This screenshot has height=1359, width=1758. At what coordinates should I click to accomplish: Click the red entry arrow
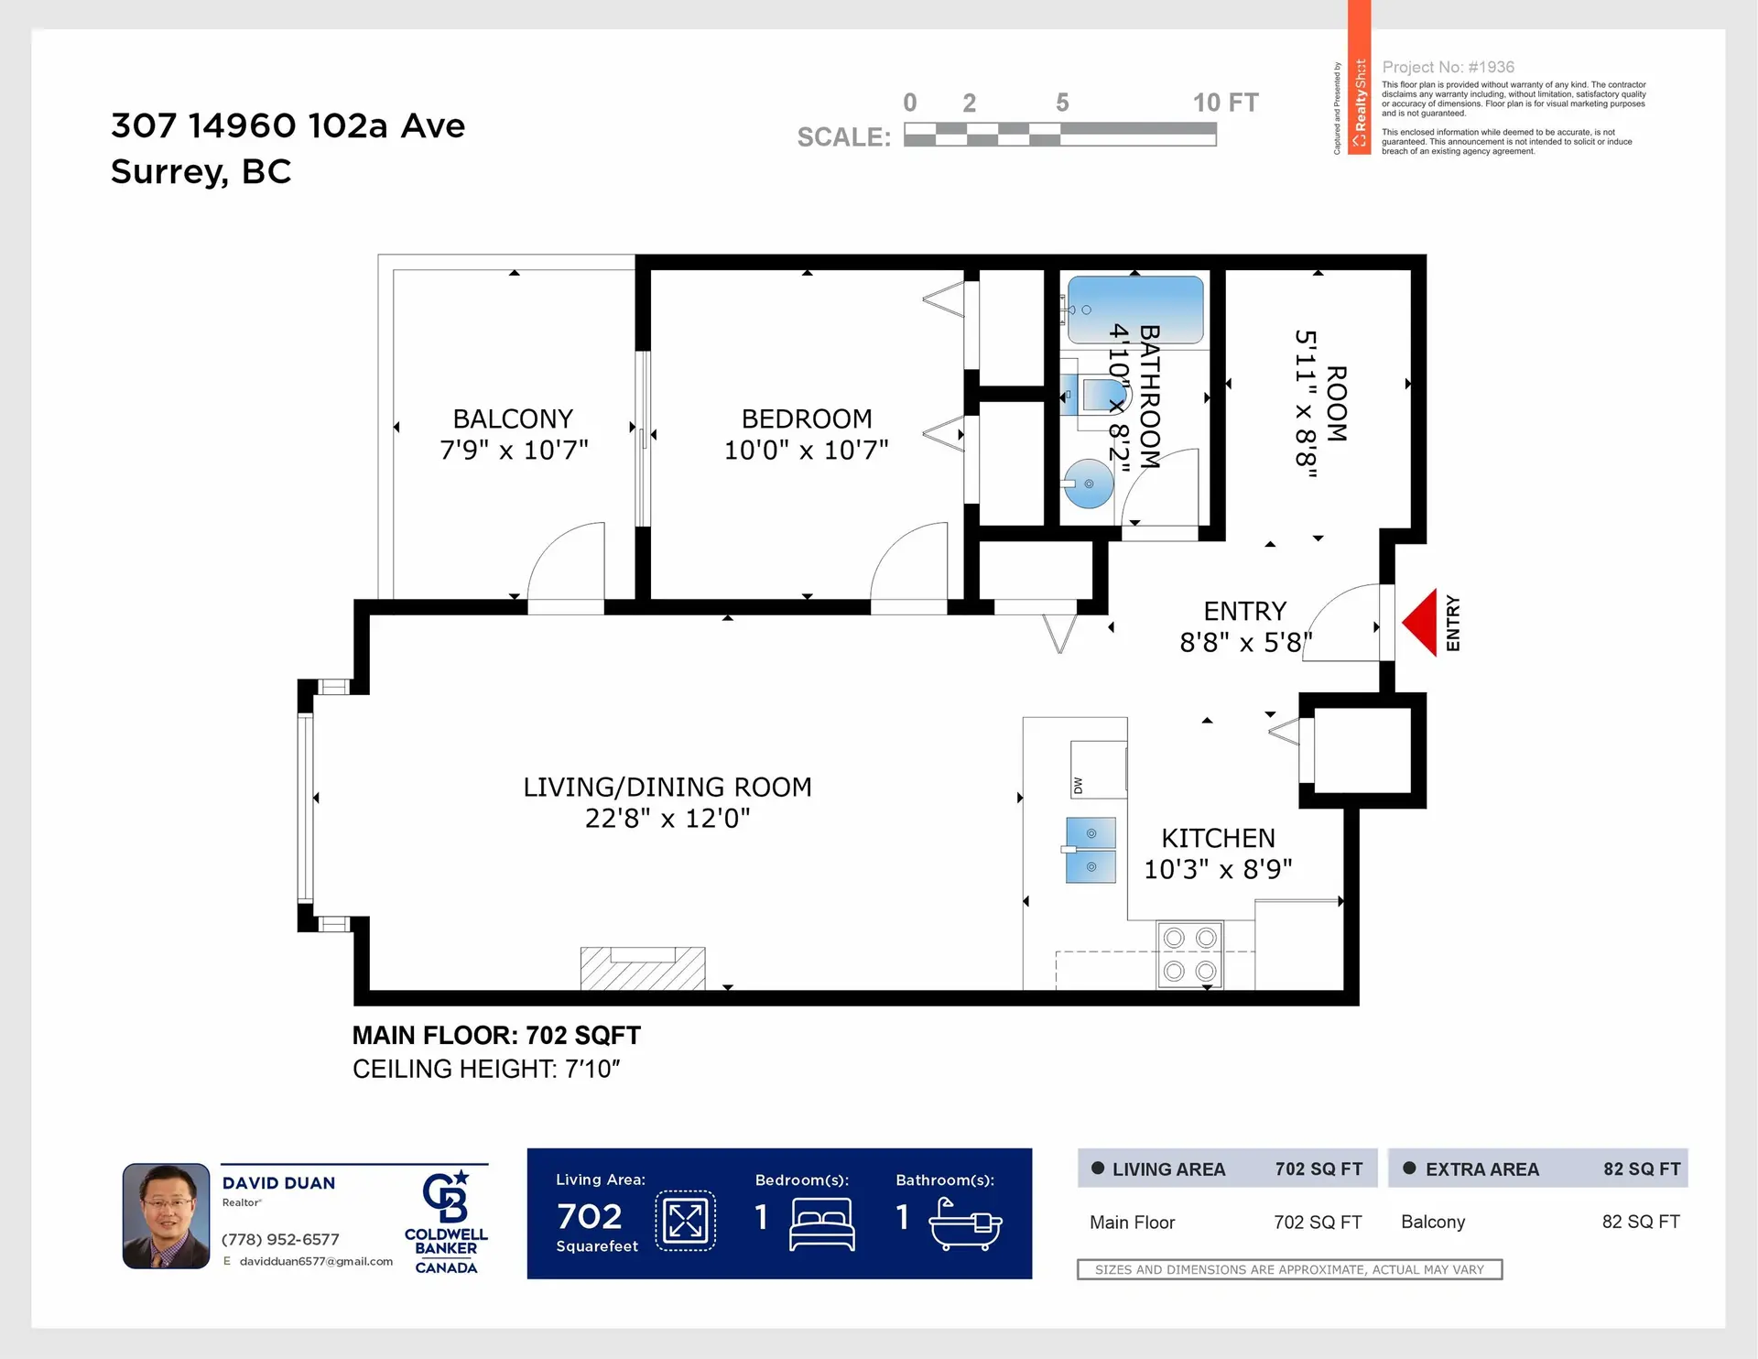pyautogui.click(x=1421, y=623)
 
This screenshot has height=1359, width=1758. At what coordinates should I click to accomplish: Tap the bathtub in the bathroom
pyautogui.click(x=1135, y=310)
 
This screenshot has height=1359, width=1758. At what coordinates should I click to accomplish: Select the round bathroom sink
pyautogui.click(x=1088, y=484)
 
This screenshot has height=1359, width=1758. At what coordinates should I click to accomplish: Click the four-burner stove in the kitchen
pyautogui.click(x=1189, y=954)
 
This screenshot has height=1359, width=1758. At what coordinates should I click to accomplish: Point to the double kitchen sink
pyautogui.click(x=1091, y=850)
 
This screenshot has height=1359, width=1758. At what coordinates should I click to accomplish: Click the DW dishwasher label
pyautogui.click(x=1078, y=786)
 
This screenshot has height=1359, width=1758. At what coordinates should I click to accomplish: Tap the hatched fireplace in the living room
pyautogui.click(x=643, y=969)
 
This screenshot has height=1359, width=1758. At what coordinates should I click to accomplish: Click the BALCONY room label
pyautogui.click(x=513, y=419)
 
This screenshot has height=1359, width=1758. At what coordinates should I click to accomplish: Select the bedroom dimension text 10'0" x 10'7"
pyautogui.click(x=806, y=451)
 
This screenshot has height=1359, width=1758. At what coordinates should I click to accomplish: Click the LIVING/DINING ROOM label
pyautogui.click(x=667, y=787)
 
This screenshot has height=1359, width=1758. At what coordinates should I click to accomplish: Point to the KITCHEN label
pyautogui.click(x=1218, y=838)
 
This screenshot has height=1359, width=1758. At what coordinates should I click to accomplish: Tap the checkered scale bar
pyautogui.click(x=1059, y=136)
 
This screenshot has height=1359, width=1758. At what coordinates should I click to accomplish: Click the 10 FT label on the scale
pyautogui.click(x=1225, y=103)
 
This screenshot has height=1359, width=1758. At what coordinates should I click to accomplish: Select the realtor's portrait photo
pyautogui.click(x=167, y=1216)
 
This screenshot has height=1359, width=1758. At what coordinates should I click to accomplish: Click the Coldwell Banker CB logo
pyautogui.click(x=446, y=1198)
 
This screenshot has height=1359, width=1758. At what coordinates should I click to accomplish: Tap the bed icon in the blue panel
pyautogui.click(x=821, y=1223)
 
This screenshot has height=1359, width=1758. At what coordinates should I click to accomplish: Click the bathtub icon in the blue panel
pyautogui.click(x=966, y=1223)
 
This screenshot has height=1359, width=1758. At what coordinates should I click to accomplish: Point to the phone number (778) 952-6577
pyautogui.click(x=280, y=1239)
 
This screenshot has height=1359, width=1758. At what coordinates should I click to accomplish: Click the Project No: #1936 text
pyautogui.click(x=1448, y=67)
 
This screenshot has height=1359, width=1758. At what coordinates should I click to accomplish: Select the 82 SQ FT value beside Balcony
pyautogui.click(x=1640, y=1222)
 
